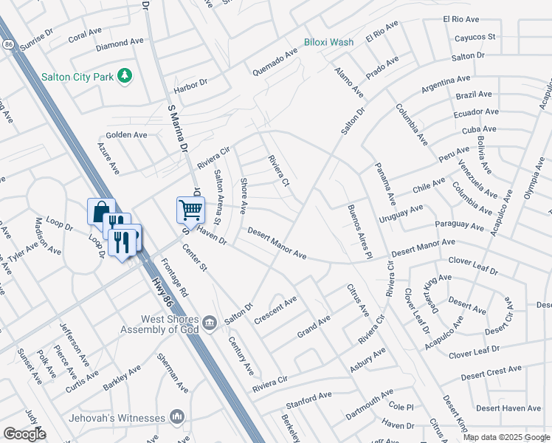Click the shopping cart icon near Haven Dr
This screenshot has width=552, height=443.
tap(190, 210)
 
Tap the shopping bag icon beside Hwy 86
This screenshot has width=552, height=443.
tap(100, 211)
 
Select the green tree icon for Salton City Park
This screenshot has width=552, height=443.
tap(125, 75)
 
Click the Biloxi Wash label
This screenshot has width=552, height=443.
tap(328, 42)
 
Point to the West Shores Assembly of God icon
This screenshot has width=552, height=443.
tap(210, 322)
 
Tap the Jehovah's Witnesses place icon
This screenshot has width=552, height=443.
tap(176, 417)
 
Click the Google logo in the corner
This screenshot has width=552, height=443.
tap(24, 434)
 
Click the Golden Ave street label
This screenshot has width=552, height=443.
tap(126, 135)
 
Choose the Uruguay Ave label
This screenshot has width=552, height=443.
tap(401, 214)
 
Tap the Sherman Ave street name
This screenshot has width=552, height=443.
tap(172, 371)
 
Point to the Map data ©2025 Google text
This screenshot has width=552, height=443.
tap(506, 437)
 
